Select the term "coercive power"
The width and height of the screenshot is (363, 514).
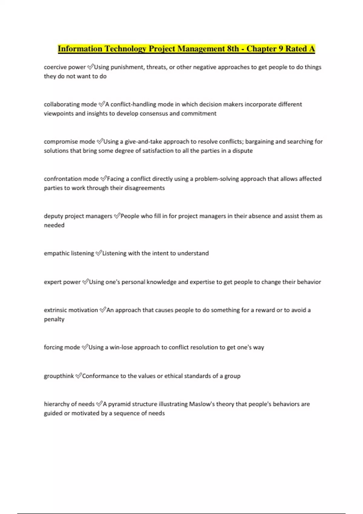(65, 67)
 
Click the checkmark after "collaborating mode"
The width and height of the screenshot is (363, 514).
(102, 104)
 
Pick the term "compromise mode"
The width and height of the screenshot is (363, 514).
(69, 142)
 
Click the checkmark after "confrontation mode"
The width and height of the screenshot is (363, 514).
(103, 179)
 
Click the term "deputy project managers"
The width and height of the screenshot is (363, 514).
(78, 216)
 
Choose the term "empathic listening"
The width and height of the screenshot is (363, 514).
(69, 253)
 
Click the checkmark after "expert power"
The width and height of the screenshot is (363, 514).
(85, 282)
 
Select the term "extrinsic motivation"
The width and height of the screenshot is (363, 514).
(71, 310)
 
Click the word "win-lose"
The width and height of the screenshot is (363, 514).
(121, 347)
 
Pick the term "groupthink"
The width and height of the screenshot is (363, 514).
(59, 376)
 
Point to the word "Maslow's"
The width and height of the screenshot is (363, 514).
(200, 404)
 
